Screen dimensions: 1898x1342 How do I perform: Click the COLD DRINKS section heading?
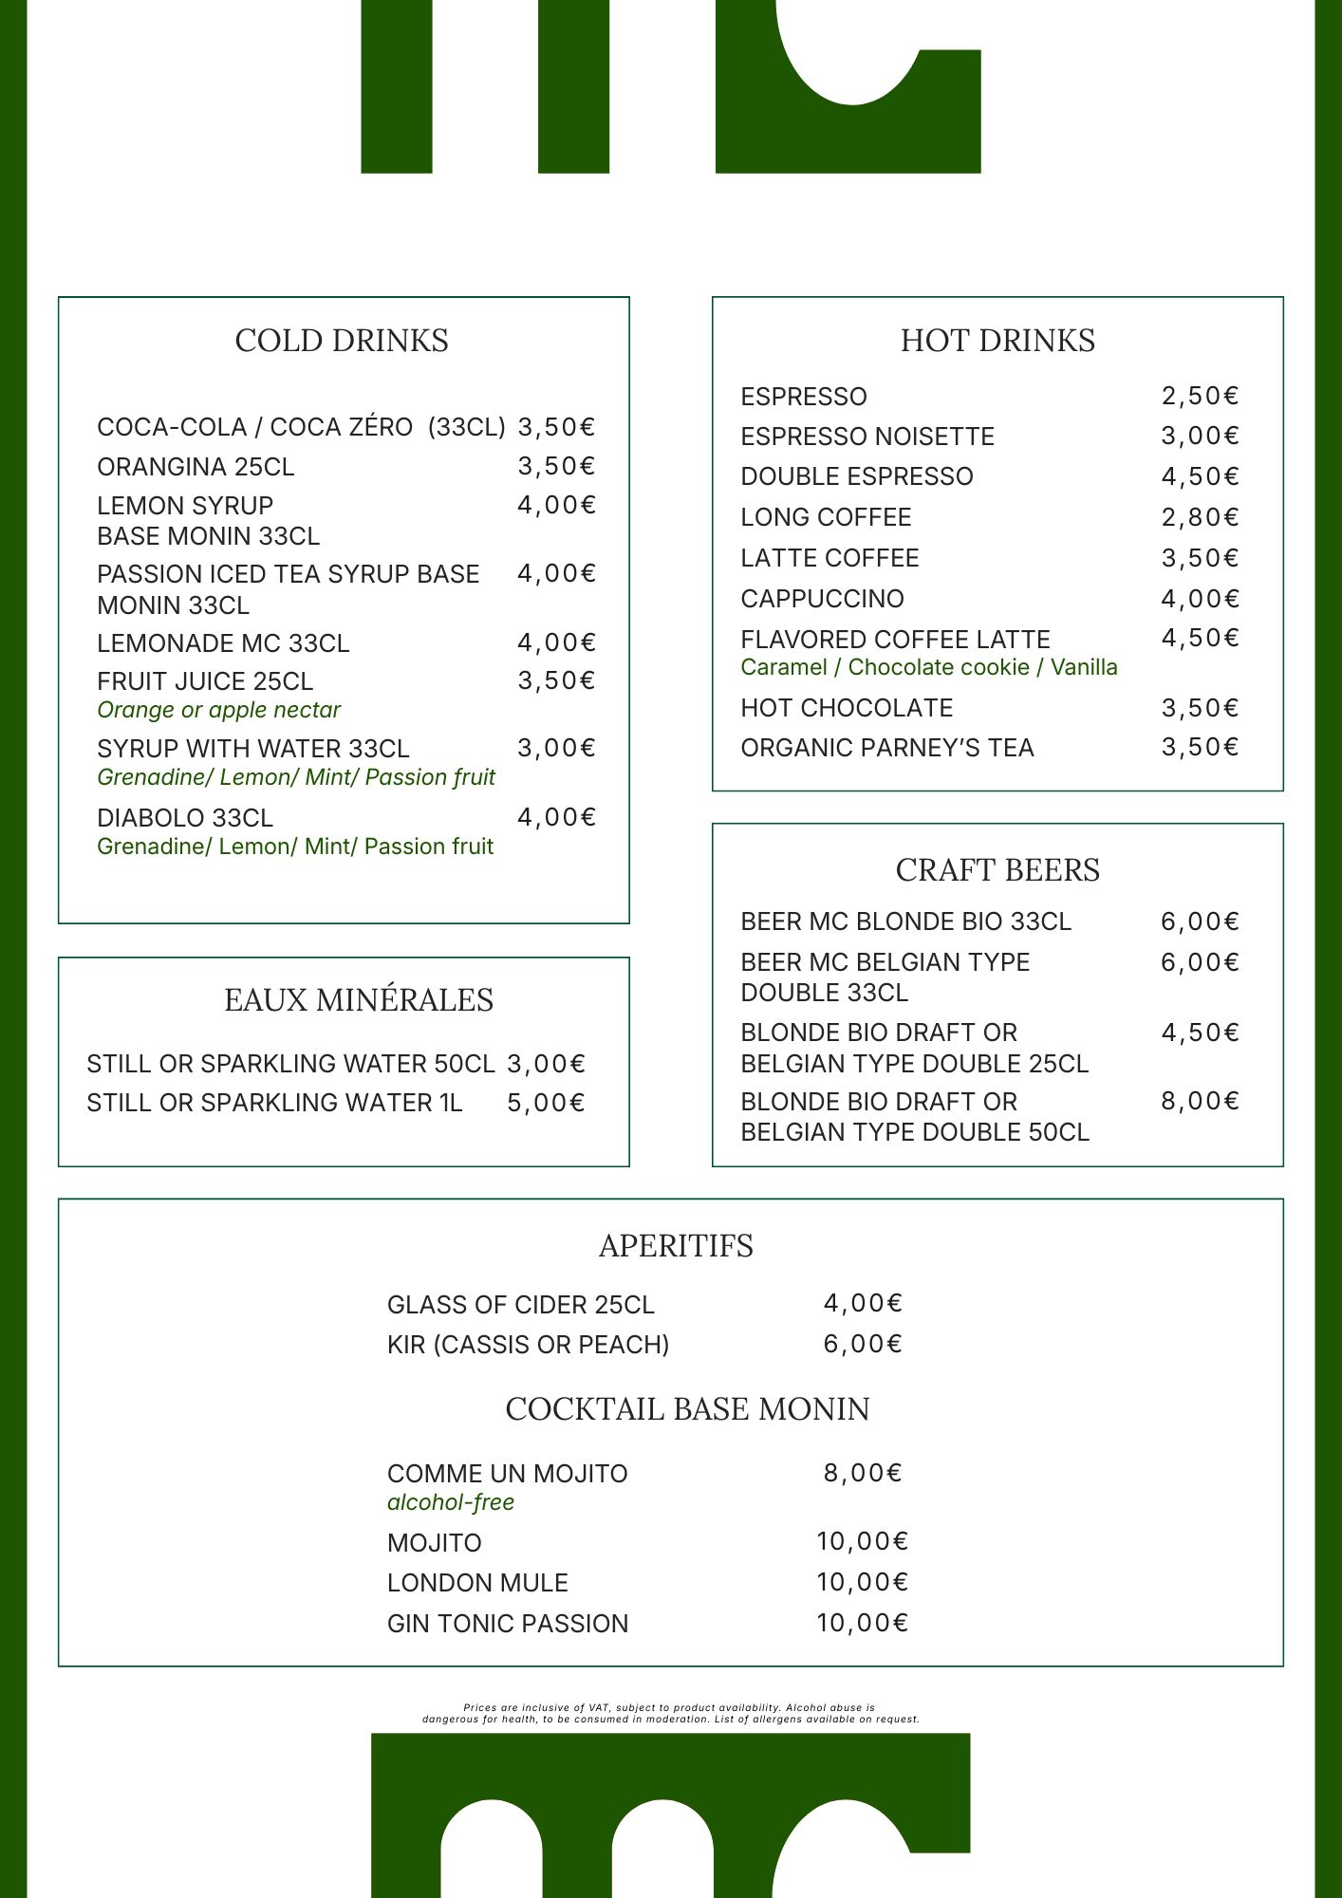tap(342, 341)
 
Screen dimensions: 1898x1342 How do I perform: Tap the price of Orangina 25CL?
tap(556, 466)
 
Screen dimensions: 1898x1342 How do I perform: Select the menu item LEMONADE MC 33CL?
tap(223, 643)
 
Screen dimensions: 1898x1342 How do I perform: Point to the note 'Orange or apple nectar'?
tap(218, 710)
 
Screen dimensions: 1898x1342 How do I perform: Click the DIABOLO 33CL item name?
tap(185, 818)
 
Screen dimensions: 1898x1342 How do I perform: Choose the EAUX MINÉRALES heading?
tap(359, 1000)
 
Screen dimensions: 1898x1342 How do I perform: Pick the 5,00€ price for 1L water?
tap(546, 1103)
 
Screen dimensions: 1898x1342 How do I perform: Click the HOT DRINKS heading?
tap(997, 341)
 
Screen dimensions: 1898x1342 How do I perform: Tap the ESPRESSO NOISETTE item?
tap(867, 437)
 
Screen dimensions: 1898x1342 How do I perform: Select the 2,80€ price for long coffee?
tap(1201, 517)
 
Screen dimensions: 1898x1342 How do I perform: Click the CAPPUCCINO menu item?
tap(822, 599)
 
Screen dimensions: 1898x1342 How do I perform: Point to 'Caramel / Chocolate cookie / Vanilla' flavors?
tap(929, 667)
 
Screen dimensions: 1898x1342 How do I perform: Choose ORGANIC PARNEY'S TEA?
tap(887, 748)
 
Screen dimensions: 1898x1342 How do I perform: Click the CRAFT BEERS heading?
tap(997, 870)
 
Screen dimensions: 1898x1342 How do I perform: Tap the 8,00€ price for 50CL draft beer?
tap(1201, 1101)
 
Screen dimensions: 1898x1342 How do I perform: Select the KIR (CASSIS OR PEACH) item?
tap(528, 1345)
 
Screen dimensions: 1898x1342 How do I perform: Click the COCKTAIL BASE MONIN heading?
tap(687, 1409)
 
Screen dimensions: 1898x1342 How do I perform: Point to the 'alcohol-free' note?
tap(451, 1502)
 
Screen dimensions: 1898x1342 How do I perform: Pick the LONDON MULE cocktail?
tap(477, 1583)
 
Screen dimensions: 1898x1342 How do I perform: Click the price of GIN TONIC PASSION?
tap(862, 1623)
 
